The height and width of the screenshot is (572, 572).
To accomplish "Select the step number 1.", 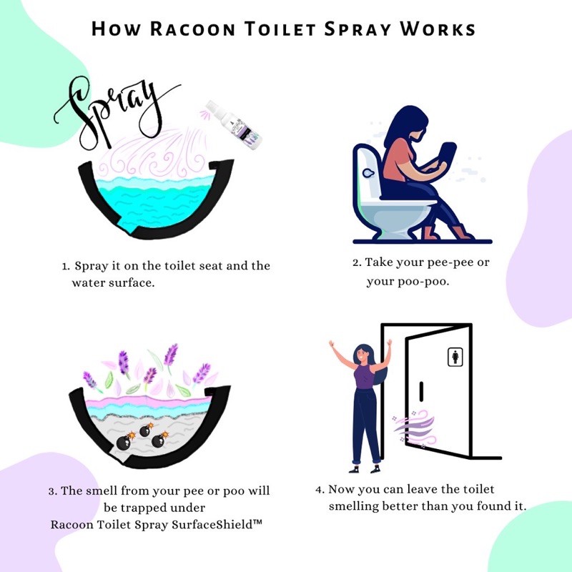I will coord(65,267).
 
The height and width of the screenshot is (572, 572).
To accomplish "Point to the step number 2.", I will coord(355,262).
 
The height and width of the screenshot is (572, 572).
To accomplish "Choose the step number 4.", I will coord(319,490).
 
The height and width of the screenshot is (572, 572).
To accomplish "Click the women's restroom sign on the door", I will coord(455,357).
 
